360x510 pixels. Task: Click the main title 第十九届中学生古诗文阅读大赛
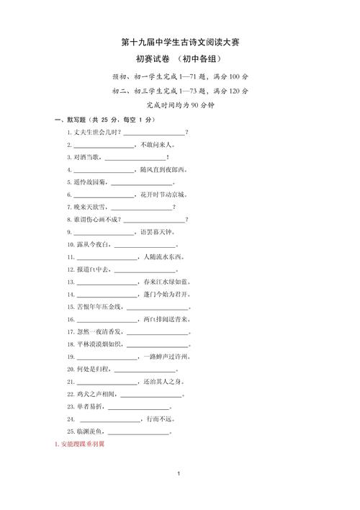click(x=180, y=42)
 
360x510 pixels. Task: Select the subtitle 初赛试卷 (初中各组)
click(x=180, y=60)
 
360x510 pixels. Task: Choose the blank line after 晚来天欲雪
click(x=141, y=207)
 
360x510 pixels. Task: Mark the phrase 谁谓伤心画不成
click(x=96, y=219)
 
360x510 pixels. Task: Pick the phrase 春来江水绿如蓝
click(x=165, y=282)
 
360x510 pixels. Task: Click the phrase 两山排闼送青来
click(x=166, y=319)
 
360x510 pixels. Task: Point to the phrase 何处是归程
click(x=94, y=369)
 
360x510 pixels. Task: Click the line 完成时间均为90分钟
click(x=180, y=104)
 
